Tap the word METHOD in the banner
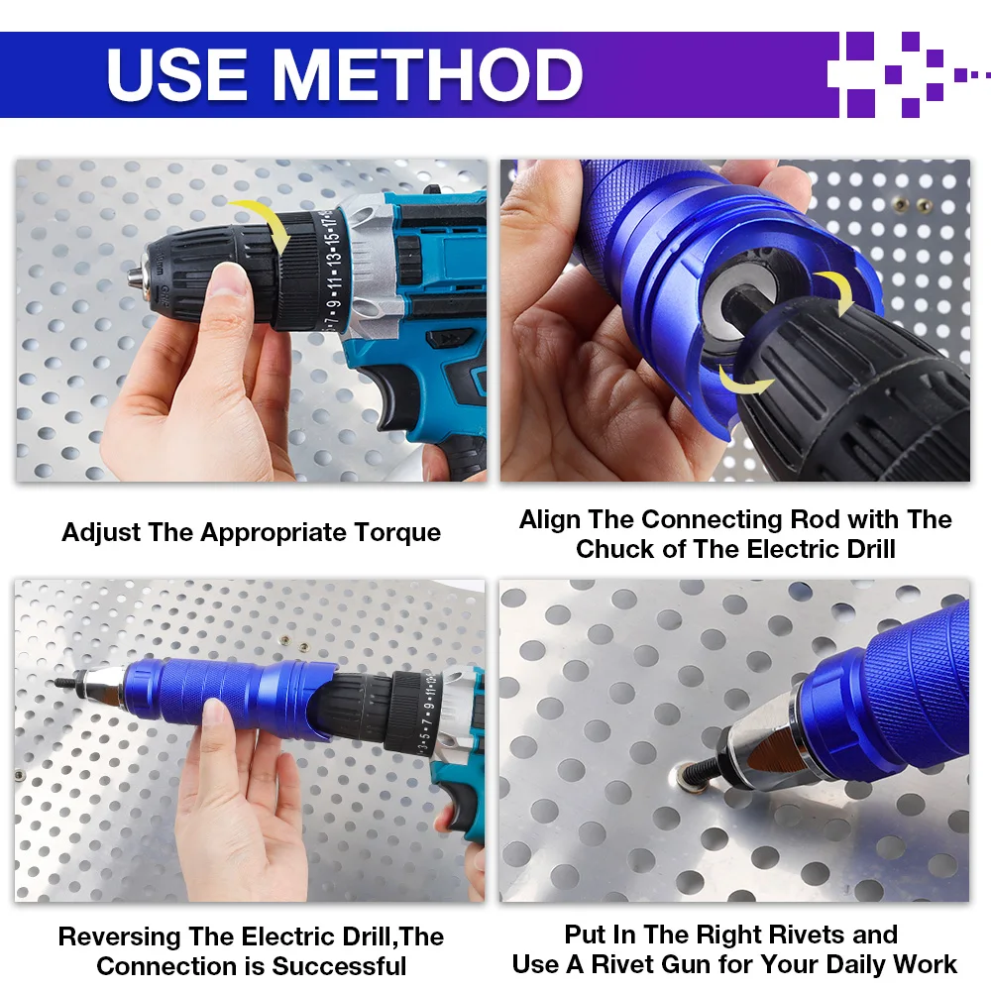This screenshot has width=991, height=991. tap(428, 75)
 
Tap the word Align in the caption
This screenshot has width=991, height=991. tap(550, 519)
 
